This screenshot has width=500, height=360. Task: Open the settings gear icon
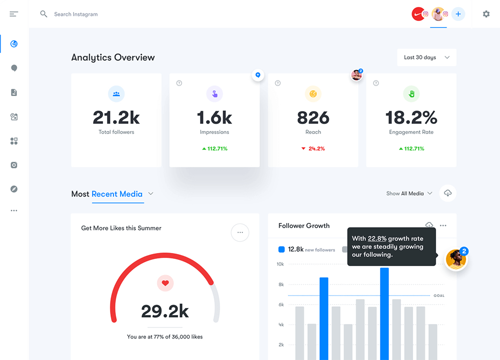(486, 14)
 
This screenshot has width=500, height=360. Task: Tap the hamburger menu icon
(14, 14)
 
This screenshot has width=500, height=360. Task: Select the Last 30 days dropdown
(426, 57)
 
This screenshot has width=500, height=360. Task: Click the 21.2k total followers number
(116, 117)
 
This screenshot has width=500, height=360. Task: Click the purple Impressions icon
(214, 93)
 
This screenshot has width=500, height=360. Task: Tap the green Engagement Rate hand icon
(411, 93)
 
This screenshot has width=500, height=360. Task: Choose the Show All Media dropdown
(409, 193)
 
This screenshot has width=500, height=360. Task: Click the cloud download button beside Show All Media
(447, 193)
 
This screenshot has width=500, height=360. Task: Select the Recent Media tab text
(117, 194)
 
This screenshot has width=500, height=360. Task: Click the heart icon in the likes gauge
(165, 283)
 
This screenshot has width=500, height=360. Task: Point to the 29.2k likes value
(165, 311)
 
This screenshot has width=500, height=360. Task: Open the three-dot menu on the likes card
(240, 232)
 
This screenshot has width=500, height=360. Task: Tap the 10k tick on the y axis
(280, 264)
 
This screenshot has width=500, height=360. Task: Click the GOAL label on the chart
(438, 295)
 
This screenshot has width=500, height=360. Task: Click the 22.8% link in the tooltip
(376, 238)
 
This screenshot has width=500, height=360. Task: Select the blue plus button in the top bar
(458, 14)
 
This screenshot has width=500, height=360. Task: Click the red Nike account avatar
(418, 14)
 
